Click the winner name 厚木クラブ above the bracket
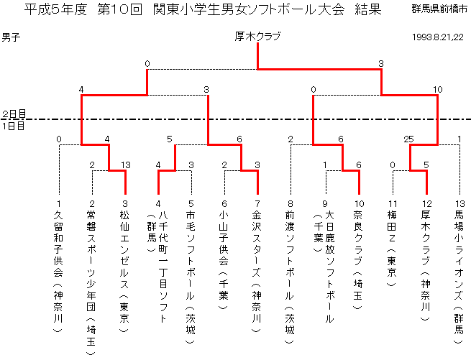point(257,37)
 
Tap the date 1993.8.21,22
point(438,37)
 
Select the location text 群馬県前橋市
point(439,9)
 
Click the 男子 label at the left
point(11,37)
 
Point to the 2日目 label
point(14,114)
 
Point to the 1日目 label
point(13,126)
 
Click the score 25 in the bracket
point(409,139)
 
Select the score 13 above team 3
point(126,165)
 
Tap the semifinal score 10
point(437,90)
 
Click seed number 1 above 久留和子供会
point(59,204)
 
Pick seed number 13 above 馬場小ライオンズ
point(460,204)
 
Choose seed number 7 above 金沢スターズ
point(257,204)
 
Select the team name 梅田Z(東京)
point(392,248)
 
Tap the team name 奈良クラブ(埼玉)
point(358,259)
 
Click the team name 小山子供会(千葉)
point(224,259)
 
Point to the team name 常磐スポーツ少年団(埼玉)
point(91,282)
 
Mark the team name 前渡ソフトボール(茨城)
point(290,277)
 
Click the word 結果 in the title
point(368,9)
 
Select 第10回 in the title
point(120,9)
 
